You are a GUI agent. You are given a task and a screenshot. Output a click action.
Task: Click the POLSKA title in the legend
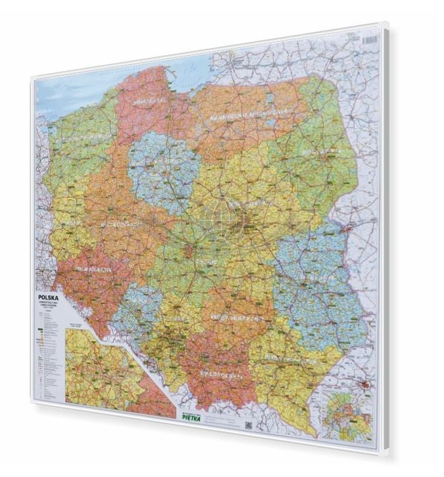coord(49,297)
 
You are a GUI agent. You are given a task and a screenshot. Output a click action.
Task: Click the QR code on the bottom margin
coord(249,426)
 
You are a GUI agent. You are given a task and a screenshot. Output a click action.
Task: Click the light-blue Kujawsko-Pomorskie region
coord(161,171)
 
